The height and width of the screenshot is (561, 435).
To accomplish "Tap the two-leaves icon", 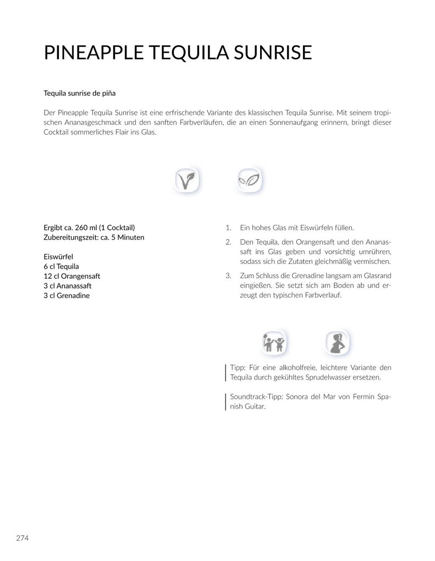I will click(249, 179).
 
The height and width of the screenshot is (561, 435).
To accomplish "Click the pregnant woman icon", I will click(335, 344).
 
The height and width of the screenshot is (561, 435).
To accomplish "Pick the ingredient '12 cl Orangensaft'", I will click(72, 276).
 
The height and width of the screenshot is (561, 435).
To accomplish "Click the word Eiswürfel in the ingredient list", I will click(58, 256).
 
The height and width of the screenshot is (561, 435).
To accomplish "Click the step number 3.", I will click(228, 276).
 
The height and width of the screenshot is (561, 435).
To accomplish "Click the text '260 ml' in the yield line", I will click(85, 227).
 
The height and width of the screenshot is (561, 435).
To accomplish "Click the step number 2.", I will click(228, 242).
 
